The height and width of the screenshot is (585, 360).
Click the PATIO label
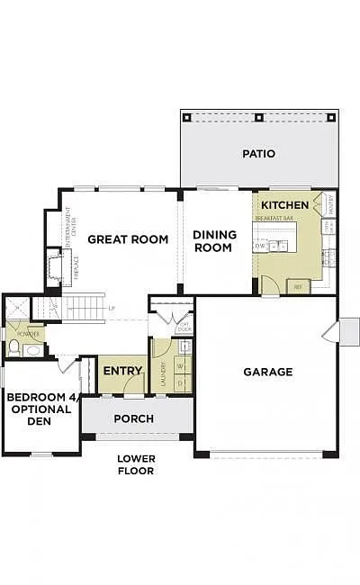[258, 154]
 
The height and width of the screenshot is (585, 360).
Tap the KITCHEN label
[284, 205]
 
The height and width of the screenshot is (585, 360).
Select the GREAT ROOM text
[128, 239]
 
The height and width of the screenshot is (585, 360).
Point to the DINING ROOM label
[214, 241]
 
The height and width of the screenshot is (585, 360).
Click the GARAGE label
[267, 372]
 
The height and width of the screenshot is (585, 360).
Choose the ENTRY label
[122, 371]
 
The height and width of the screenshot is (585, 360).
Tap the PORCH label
[133, 418]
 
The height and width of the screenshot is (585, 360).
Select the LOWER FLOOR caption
[136, 464]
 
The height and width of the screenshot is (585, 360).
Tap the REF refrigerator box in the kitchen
[297, 286]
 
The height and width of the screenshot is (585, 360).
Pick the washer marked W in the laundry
[179, 367]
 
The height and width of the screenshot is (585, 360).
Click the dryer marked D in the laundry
[179, 384]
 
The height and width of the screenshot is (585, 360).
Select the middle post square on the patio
[259, 117]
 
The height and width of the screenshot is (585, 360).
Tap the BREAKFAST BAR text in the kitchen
[275, 219]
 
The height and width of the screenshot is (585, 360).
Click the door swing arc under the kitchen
[268, 287]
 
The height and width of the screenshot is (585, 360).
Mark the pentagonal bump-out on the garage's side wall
[348, 331]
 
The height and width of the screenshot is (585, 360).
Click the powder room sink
[32, 350]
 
